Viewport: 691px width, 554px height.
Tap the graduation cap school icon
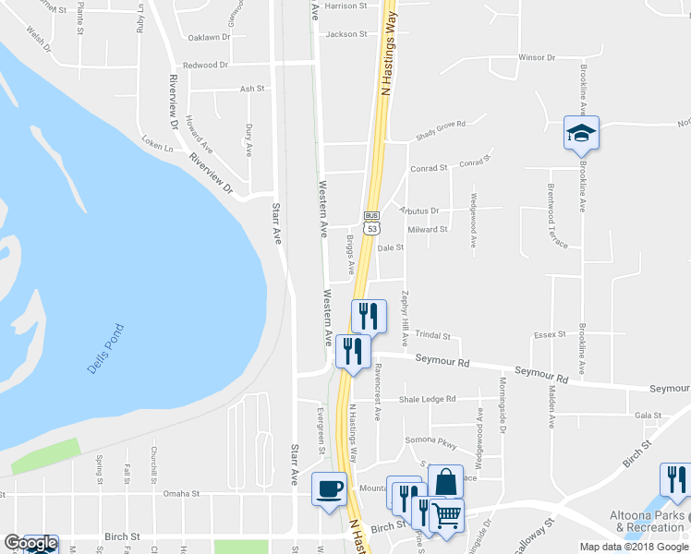click(x=581, y=134)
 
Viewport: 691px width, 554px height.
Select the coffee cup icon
click(x=328, y=489)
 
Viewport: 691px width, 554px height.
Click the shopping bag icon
click(x=445, y=482)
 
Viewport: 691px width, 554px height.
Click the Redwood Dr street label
click(x=205, y=66)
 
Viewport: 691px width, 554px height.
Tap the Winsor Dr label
click(x=536, y=57)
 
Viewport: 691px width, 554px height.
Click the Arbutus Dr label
click(x=418, y=211)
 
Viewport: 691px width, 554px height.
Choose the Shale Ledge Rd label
click(x=427, y=399)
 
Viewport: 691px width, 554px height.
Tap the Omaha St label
click(x=181, y=494)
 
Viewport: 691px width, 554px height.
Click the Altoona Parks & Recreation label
click(x=647, y=521)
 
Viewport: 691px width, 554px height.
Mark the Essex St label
click(x=550, y=334)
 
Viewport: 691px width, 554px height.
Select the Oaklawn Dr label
click(x=209, y=38)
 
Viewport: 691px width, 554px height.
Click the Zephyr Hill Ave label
click(x=405, y=319)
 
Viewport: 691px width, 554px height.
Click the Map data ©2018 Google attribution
click(x=635, y=547)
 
